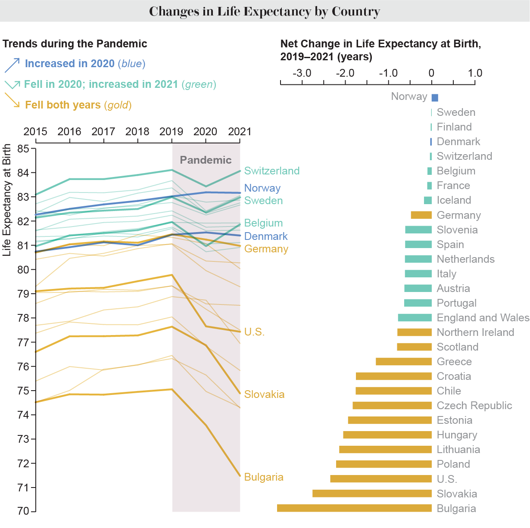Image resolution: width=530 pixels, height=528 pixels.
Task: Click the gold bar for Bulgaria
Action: click(354, 508)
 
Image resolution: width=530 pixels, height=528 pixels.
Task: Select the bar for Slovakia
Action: click(372, 494)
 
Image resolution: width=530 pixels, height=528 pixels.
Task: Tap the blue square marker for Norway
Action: click(435, 98)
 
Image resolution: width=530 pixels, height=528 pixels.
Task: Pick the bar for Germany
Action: click(421, 215)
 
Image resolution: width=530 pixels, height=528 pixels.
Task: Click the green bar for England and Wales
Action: click(415, 318)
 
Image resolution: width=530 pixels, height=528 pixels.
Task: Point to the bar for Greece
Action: click(403, 362)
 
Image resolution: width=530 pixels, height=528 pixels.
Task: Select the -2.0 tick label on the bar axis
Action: click(345, 73)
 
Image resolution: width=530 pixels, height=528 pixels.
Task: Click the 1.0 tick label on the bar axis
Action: click(475, 73)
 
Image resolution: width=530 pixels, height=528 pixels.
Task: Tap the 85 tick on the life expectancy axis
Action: click(24, 149)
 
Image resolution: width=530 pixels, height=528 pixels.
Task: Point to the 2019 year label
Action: click(171, 131)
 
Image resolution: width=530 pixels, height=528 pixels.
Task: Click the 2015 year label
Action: click(35, 131)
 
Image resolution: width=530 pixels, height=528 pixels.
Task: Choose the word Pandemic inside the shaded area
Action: click(206, 160)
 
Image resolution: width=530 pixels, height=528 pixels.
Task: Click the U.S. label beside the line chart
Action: click(254, 332)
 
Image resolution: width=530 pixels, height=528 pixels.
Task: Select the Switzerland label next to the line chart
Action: click(271, 171)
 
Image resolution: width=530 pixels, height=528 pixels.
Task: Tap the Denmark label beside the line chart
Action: click(265, 236)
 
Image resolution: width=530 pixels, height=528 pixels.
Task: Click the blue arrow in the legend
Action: click(12, 65)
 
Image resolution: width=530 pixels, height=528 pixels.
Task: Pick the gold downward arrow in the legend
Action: click(12, 100)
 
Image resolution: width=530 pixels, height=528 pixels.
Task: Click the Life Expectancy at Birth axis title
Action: click(7, 200)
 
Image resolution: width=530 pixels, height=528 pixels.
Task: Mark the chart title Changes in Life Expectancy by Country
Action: click(265, 11)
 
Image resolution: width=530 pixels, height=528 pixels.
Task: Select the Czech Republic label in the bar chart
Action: click(474, 406)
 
